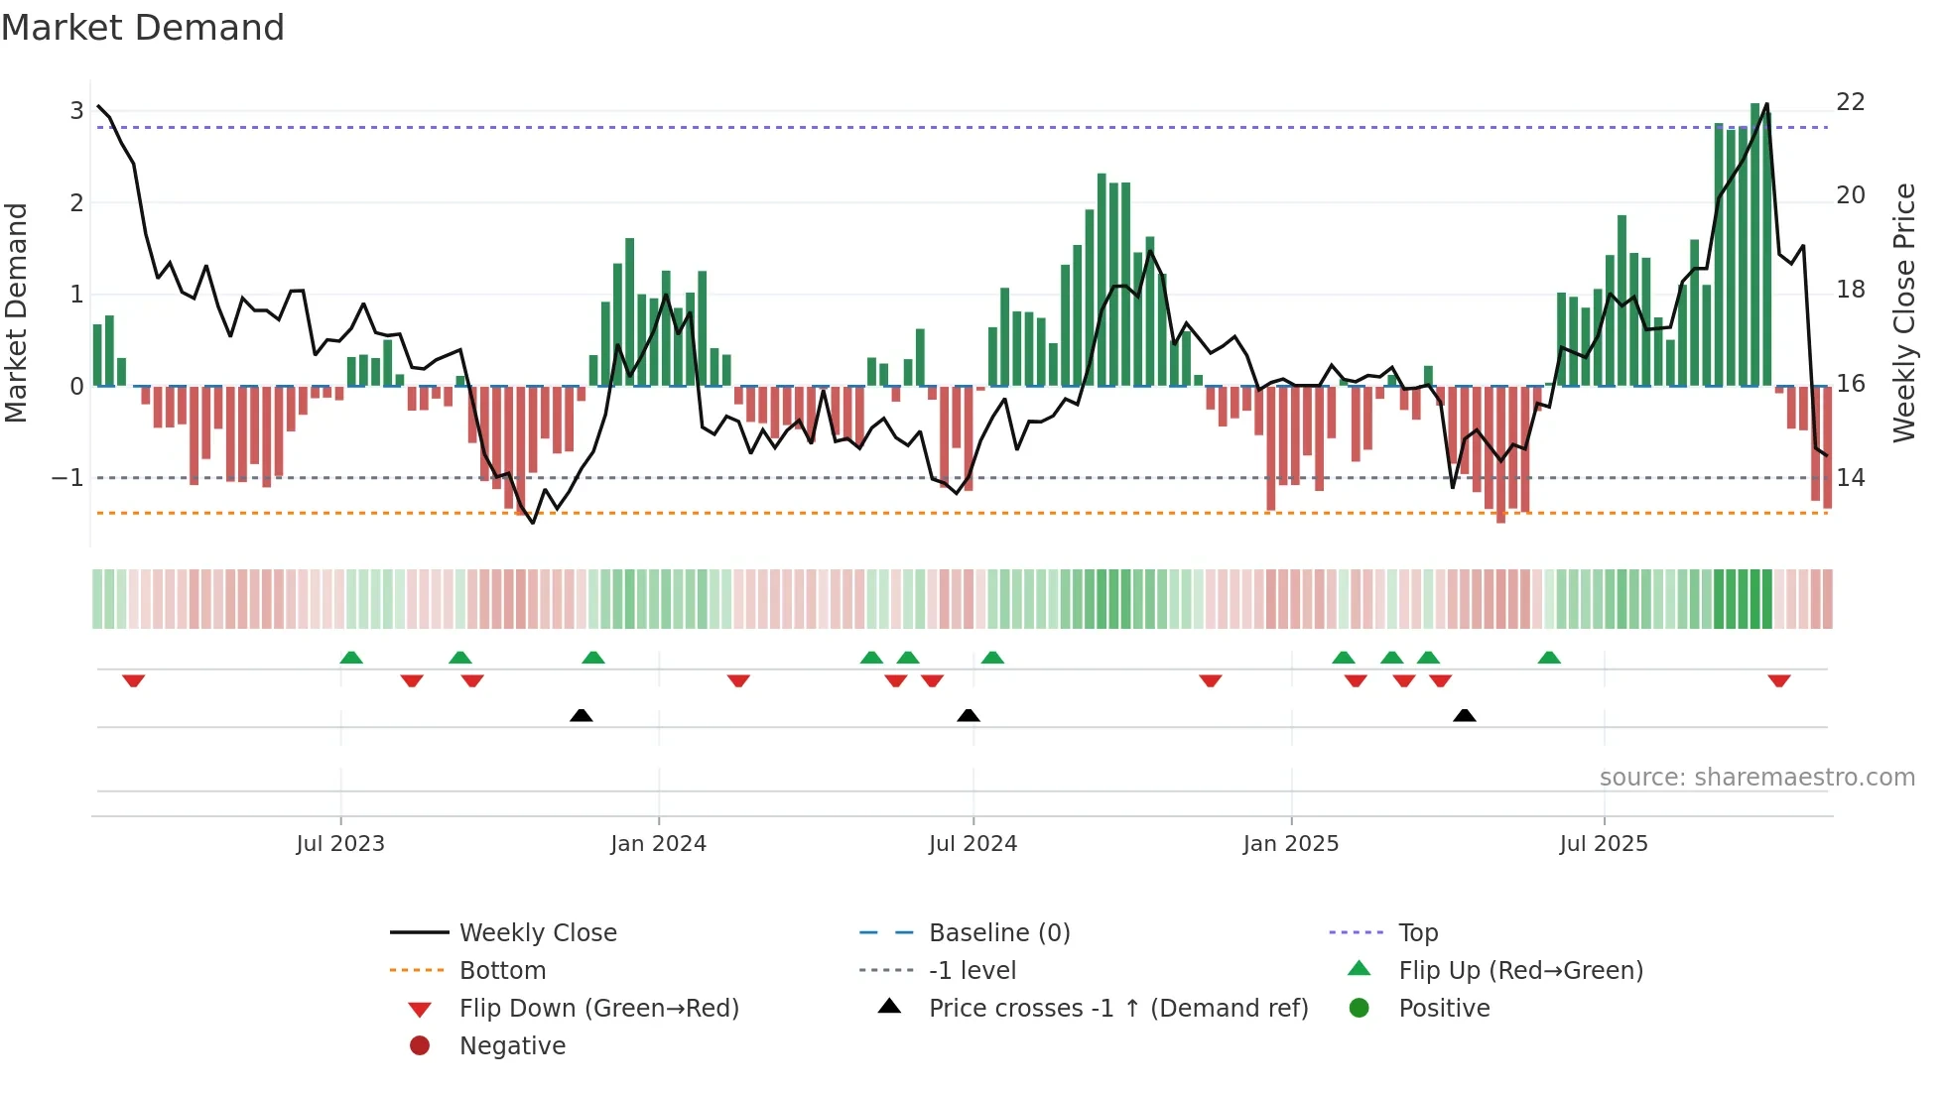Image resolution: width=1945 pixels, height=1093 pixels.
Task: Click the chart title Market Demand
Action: (143, 28)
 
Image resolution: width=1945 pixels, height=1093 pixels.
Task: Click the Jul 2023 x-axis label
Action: (340, 844)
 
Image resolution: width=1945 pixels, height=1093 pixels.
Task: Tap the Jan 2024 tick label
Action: (658, 844)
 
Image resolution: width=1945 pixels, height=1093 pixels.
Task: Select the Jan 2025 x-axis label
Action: (1290, 844)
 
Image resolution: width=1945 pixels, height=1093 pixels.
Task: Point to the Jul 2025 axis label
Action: (1603, 844)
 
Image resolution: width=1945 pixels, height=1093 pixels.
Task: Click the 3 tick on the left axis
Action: (76, 111)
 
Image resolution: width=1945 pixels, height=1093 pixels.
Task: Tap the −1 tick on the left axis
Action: (67, 478)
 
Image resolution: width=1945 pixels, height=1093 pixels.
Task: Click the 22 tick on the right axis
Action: (1850, 102)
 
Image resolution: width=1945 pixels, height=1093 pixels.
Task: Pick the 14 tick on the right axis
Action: (1850, 478)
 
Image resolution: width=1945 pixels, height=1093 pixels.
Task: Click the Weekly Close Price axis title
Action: (1903, 312)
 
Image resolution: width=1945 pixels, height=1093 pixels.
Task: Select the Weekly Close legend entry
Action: (537, 933)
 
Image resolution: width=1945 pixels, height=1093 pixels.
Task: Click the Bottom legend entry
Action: (502, 971)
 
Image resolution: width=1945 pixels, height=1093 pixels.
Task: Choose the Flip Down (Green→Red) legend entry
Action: (598, 1009)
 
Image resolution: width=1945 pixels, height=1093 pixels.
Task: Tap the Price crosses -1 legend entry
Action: (1117, 1009)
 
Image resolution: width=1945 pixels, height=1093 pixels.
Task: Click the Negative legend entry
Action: (512, 1046)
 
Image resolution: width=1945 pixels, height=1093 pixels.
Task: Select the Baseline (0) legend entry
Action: (998, 933)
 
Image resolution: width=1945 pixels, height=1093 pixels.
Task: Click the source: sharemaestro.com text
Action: (1756, 778)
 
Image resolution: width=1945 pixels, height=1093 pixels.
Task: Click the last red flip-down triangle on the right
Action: (1778, 680)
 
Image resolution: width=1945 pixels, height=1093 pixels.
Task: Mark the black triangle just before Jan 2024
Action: (582, 715)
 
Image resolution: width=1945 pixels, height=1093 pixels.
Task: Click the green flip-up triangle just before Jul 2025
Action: (1549, 658)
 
